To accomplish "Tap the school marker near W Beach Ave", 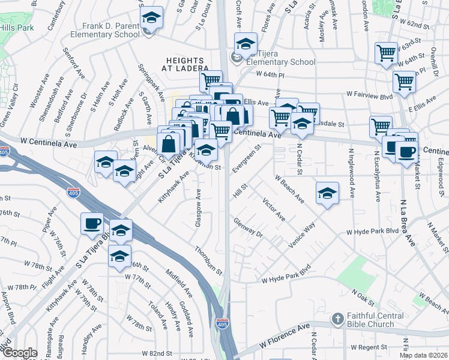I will coord(327,193).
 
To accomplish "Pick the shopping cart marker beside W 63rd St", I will coord(386,52).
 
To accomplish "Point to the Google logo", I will coord(19,353).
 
